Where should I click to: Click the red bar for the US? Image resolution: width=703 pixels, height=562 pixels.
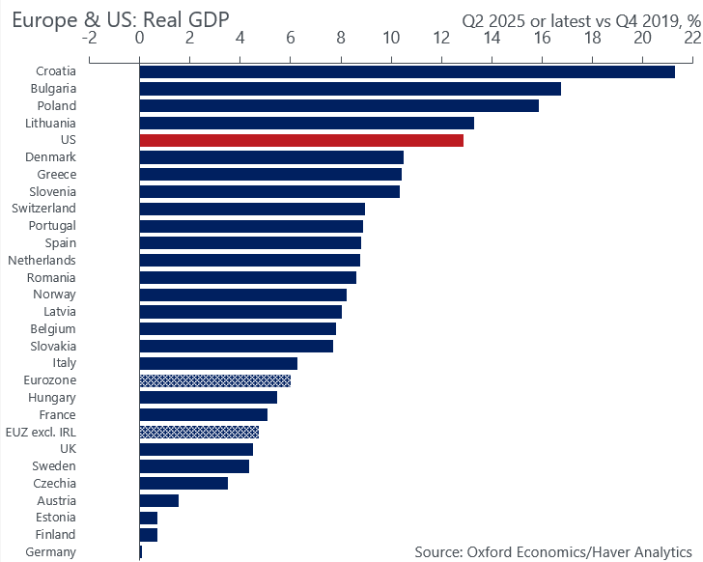tap(301, 140)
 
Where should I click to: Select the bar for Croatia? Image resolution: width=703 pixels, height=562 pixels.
tap(407, 71)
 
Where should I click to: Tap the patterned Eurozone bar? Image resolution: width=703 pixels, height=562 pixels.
tap(214, 380)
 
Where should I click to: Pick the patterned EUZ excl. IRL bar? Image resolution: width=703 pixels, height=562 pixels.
tap(199, 432)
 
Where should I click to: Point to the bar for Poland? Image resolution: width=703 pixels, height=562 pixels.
tap(339, 105)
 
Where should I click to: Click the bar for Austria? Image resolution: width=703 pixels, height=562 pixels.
tap(159, 500)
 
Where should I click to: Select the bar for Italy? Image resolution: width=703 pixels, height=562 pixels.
tap(218, 363)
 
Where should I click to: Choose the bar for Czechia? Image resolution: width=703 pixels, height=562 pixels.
tap(183, 483)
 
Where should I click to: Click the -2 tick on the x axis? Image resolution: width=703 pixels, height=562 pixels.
tap(90, 38)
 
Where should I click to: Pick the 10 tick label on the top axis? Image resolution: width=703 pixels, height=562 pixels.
tap(391, 38)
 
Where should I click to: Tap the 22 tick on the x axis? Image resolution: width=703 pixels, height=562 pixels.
tap(691, 38)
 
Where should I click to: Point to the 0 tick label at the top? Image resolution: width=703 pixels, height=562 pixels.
tap(140, 38)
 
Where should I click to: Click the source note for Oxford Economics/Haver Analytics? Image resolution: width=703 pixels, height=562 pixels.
tap(554, 551)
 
